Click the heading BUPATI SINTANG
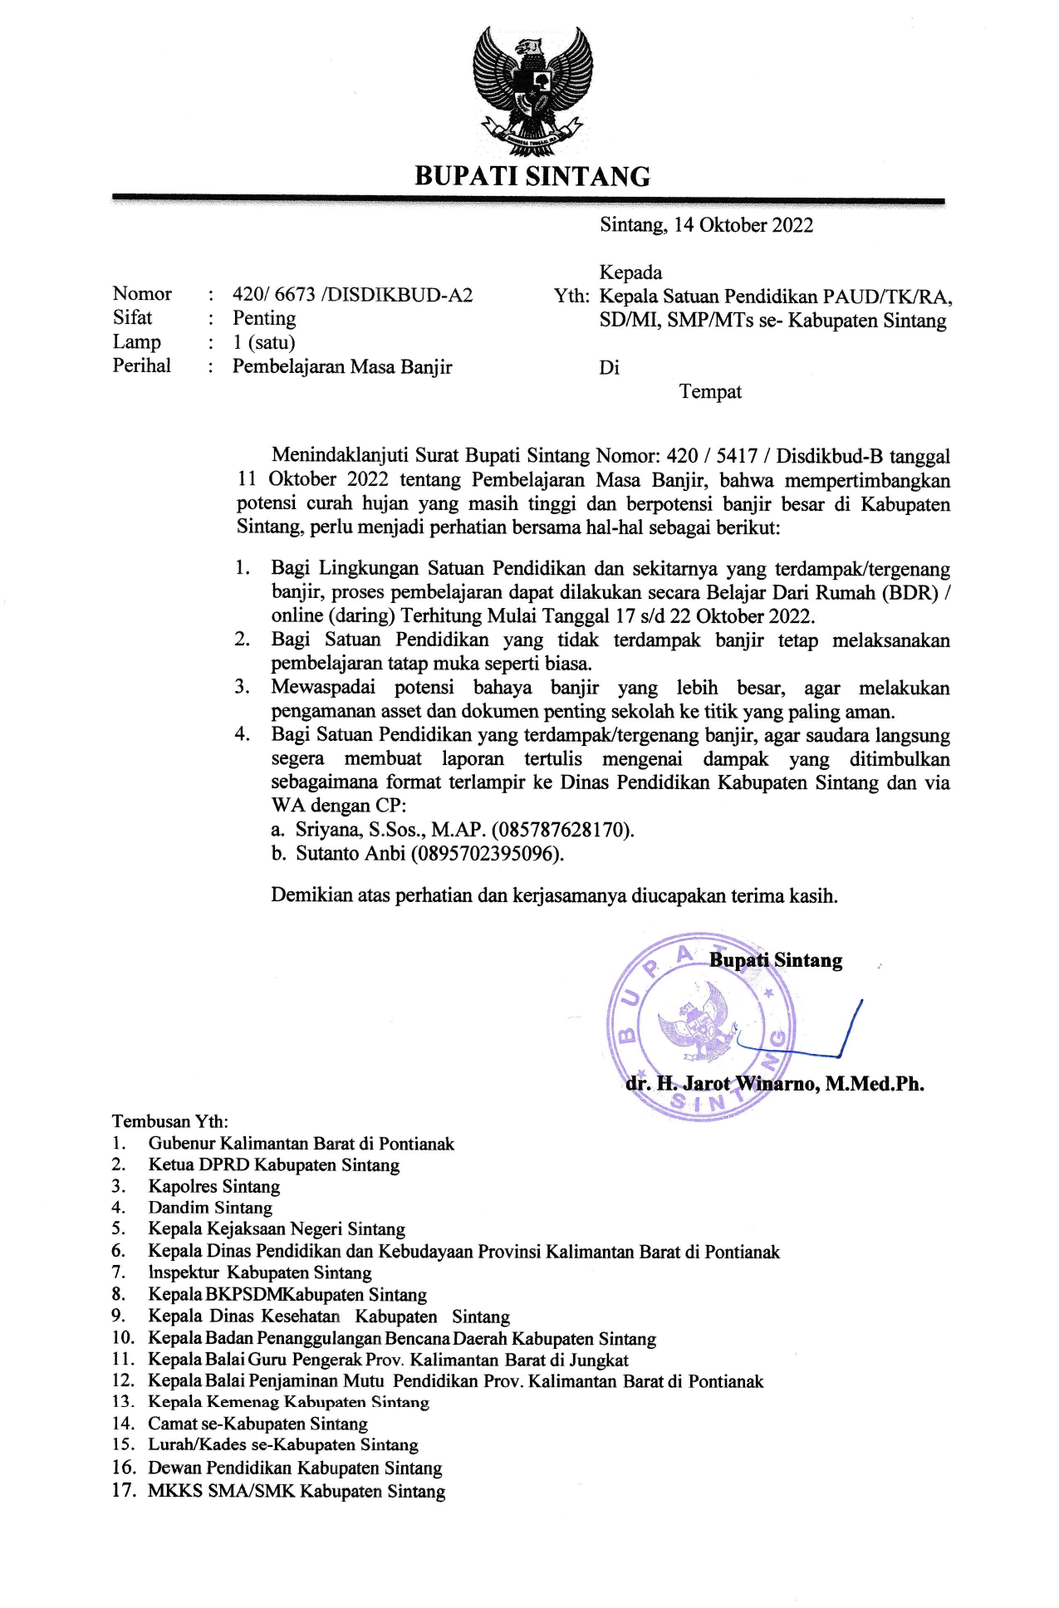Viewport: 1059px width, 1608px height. click(x=532, y=176)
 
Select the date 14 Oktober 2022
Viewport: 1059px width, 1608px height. click(x=743, y=225)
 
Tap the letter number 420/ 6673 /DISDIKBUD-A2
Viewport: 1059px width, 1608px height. click(x=352, y=295)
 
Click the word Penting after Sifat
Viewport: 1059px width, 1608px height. click(x=264, y=318)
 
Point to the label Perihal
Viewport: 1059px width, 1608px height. click(x=142, y=365)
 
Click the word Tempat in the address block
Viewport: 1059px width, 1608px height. click(x=710, y=392)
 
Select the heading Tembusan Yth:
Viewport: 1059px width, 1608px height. click(x=170, y=1122)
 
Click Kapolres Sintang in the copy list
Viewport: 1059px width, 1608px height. click(x=214, y=1187)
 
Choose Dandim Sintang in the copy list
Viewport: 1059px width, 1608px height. click(x=210, y=1208)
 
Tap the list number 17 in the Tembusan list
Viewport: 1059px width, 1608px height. click(x=123, y=1491)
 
